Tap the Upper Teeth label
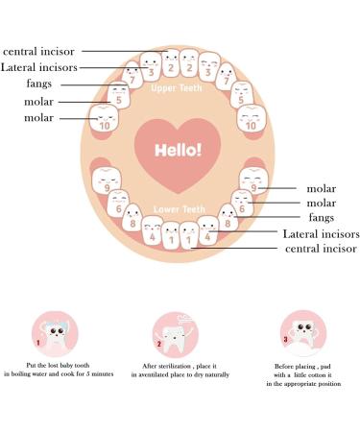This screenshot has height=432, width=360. click(178, 89)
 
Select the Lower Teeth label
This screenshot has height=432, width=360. click(178, 209)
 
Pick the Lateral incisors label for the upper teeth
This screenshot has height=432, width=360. click(39, 67)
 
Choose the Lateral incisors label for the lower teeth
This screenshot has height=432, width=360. click(321, 233)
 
